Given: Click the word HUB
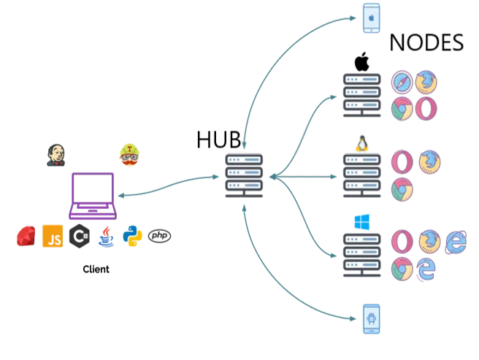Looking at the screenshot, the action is pos(219,139).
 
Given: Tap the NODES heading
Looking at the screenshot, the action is pos(426,42).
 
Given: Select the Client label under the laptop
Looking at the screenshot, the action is pos(96,269).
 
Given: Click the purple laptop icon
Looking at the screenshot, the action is pos(93,196).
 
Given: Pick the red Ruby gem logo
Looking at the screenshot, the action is pos(26,236).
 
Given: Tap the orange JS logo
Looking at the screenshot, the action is pos(53,236).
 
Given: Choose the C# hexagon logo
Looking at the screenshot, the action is pos(80,236).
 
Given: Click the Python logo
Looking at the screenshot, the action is pos(132,236).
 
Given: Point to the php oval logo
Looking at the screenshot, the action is pos(159,236).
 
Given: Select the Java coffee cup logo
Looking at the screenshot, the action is pos(106,237).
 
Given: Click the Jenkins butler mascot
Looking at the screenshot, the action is pos(56,156).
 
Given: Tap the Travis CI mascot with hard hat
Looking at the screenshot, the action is pos(129,155).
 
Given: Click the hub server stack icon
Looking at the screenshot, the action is pos(244,176).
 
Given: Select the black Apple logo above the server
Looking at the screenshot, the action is pos(361,62).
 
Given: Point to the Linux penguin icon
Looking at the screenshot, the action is pos(362,144).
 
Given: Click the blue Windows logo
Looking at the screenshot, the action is pos(362,222).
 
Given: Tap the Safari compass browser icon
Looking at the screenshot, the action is pos(402,83).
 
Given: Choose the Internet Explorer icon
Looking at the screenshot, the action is pos(456,242).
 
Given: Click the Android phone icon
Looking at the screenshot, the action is pos(372,319).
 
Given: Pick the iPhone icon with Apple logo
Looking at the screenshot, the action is pos(372,18).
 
